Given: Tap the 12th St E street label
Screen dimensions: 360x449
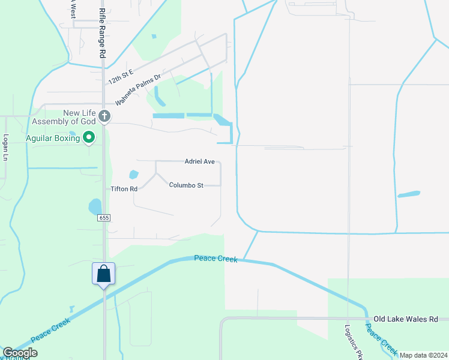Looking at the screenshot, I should [120, 76].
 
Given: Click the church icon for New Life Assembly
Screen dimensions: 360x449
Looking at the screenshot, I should [104, 116].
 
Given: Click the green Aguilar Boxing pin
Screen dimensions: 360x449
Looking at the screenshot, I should [89, 138].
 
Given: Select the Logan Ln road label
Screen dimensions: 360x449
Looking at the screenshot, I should [5, 147].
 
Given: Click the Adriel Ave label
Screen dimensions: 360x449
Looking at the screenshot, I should [199, 161].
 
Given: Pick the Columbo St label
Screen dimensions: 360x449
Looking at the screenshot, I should [185, 185].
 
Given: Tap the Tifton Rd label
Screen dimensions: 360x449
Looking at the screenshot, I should [124, 188].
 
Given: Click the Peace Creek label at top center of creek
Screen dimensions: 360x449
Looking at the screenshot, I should [216, 259].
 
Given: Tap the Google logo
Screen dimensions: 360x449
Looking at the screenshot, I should [20, 353].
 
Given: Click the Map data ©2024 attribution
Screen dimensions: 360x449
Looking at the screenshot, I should [423, 355].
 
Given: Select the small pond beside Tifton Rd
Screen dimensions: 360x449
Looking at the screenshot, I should [133, 175].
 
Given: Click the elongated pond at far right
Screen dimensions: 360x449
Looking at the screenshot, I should [409, 194].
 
